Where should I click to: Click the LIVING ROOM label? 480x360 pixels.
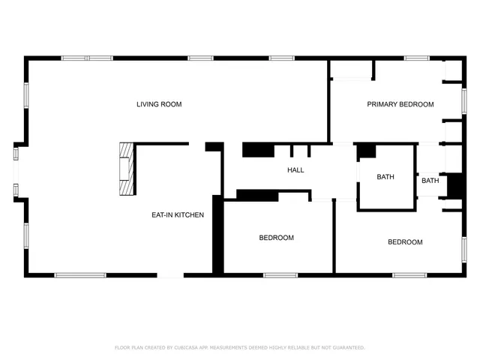pyautogui.click(x=159, y=104)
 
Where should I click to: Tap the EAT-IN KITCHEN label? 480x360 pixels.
pyautogui.click(x=178, y=215)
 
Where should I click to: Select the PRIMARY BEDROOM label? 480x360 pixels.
pyautogui.click(x=400, y=104)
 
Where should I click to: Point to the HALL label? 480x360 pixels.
pyautogui.click(x=295, y=170)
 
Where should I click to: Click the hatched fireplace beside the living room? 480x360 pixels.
pyautogui.click(x=127, y=168)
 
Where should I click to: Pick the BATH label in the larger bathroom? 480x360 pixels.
pyautogui.click(x=385, y=177)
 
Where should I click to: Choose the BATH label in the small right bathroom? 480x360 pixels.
pyautogui.click(x=430, y=181)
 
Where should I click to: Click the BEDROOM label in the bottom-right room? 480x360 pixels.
pyautogui.click(x=405, y=242)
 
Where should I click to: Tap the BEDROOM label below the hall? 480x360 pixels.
pyautogui.click(x=276, y=238)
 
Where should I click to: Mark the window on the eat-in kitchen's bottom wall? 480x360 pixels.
pyautogui.click(x=80, y=275)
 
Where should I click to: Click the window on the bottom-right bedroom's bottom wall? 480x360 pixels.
pyautogui.click(x=409, y=275)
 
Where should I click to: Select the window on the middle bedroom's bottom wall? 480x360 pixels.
pyautogui.click(x=281, y=275)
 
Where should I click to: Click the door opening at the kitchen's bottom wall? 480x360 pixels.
pyautogui.click(x=170, y=275)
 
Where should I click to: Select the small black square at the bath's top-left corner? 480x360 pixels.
pyautogui.click(x=366, y=151)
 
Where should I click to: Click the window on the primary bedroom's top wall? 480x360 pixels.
pyautogui.click(x=416, y=58)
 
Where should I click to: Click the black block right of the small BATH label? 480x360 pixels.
pyautogui.click(x=454, y=185)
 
